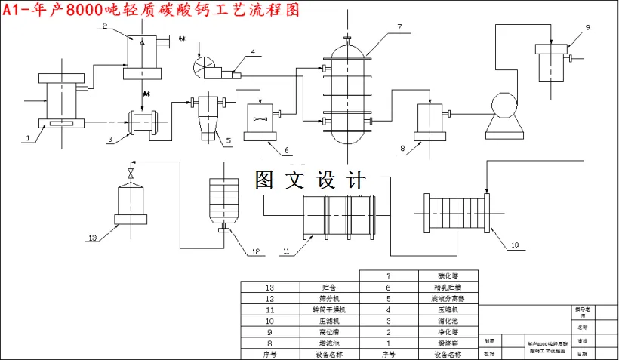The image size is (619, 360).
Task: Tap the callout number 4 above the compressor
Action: pos(253,52)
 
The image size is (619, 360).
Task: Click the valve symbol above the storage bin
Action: pos(131,174)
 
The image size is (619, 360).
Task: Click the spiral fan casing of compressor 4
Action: pos(205,67)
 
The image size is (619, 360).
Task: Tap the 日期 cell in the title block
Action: pos(581,353)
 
